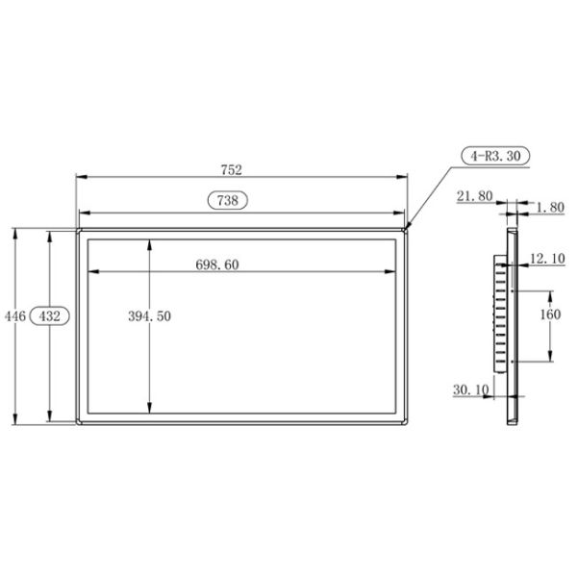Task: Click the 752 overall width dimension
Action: click(x=231, y=169)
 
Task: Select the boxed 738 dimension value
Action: click(x=228, y=201)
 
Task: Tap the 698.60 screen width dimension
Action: click(x=216, y=264)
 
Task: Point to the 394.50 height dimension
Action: click(x=150, y=316)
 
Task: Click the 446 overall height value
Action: click(x=13, y=315)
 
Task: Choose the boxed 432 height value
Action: click(x=49, y=315)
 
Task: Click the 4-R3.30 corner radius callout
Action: click(x=493, y=154)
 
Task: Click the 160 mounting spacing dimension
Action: click(x=549, y=315)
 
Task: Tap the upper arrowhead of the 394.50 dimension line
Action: click(x=150, y=243)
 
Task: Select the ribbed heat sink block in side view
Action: click(x=499, y=315)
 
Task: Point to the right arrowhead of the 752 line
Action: click(x=405, y=177)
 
